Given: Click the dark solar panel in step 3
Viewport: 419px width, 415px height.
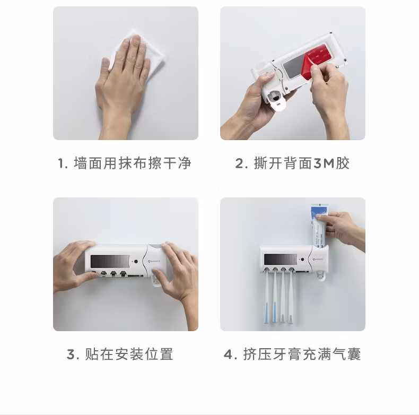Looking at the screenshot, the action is (x=110, y=261).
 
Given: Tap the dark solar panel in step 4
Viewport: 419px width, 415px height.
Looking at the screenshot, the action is (x=281, y=260).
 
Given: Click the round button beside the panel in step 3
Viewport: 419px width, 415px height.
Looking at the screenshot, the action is (x=136, y=261).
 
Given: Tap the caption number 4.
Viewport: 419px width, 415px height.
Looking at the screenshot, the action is (x=228, y=355).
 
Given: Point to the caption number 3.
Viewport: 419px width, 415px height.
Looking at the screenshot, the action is (x=71, y=355).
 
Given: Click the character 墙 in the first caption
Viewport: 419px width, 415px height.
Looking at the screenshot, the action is (x=80, y=163).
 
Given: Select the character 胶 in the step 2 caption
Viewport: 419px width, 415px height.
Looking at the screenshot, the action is (x=343, y=163).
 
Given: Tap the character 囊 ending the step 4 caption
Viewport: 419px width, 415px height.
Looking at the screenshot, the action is (x=354, y=355).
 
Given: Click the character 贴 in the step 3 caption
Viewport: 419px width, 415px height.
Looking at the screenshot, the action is (x=92, y=355).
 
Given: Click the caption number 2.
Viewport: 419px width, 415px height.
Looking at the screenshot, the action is (x=239, y=163).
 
